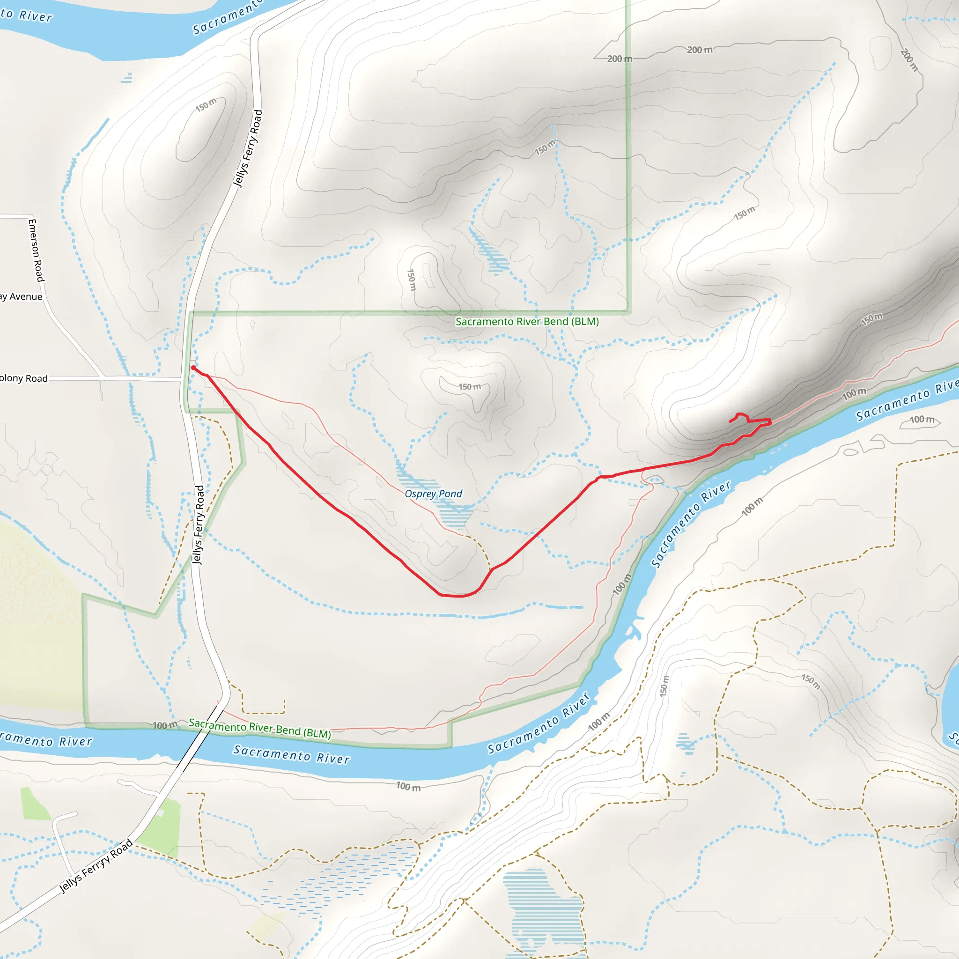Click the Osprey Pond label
click(x=433, y=494)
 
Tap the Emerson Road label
click(x=36, y=250)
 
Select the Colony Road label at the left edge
click(x=24, y=378)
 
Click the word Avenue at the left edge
click(x=26, y=296)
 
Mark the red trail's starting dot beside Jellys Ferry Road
click(x=193, y=367)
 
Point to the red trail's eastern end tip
click(x=730, y=421)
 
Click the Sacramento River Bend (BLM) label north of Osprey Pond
click(x=527, y=321)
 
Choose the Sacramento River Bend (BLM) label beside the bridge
click(x=259, y=728)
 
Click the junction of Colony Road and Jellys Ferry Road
click(x=182, y=379)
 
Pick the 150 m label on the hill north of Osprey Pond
click(x=469, y=387)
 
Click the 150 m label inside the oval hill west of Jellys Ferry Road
click(x=206, y=105)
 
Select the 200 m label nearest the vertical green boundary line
click(x=620, y=59)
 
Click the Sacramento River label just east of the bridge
click(x=292, y=754)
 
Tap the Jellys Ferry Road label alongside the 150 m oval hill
click(x=248, y=148)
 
